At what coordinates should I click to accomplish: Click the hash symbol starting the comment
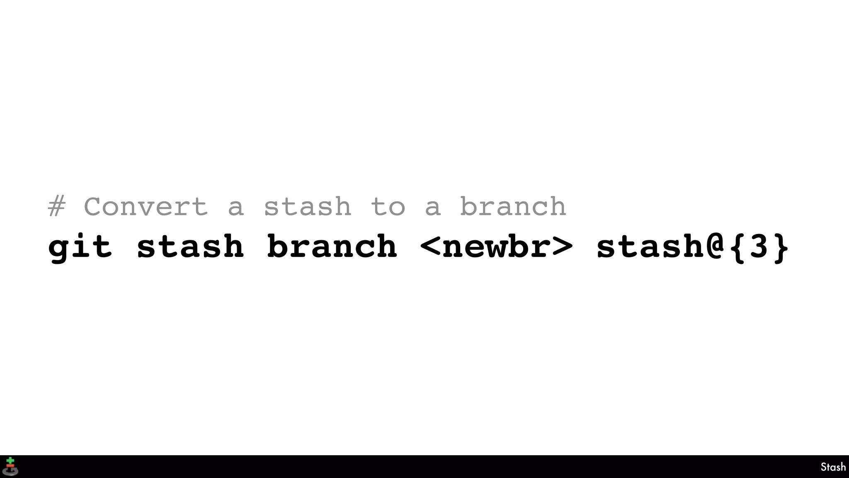point(57,207)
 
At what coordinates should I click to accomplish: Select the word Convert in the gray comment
point(146,207)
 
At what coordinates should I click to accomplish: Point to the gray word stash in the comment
point(307,207)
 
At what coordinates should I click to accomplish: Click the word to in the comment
point(388,207)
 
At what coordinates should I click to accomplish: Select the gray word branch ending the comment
point(513,206)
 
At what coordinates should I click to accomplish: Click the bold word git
point(80,247)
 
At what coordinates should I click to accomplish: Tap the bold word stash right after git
point(190,246)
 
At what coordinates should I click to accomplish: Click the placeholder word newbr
point(496,247)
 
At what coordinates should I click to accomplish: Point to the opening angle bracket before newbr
point(430,246)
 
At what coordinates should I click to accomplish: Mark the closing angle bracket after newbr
point(563,246)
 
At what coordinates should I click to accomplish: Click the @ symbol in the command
point(714,246)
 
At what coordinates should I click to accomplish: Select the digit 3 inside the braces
point(759,246)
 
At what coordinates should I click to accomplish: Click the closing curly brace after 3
point(781,247)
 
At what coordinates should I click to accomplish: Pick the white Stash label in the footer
point(833,467)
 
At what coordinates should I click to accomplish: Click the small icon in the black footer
point(10,466)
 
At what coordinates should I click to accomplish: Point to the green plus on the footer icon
point(10,461)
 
